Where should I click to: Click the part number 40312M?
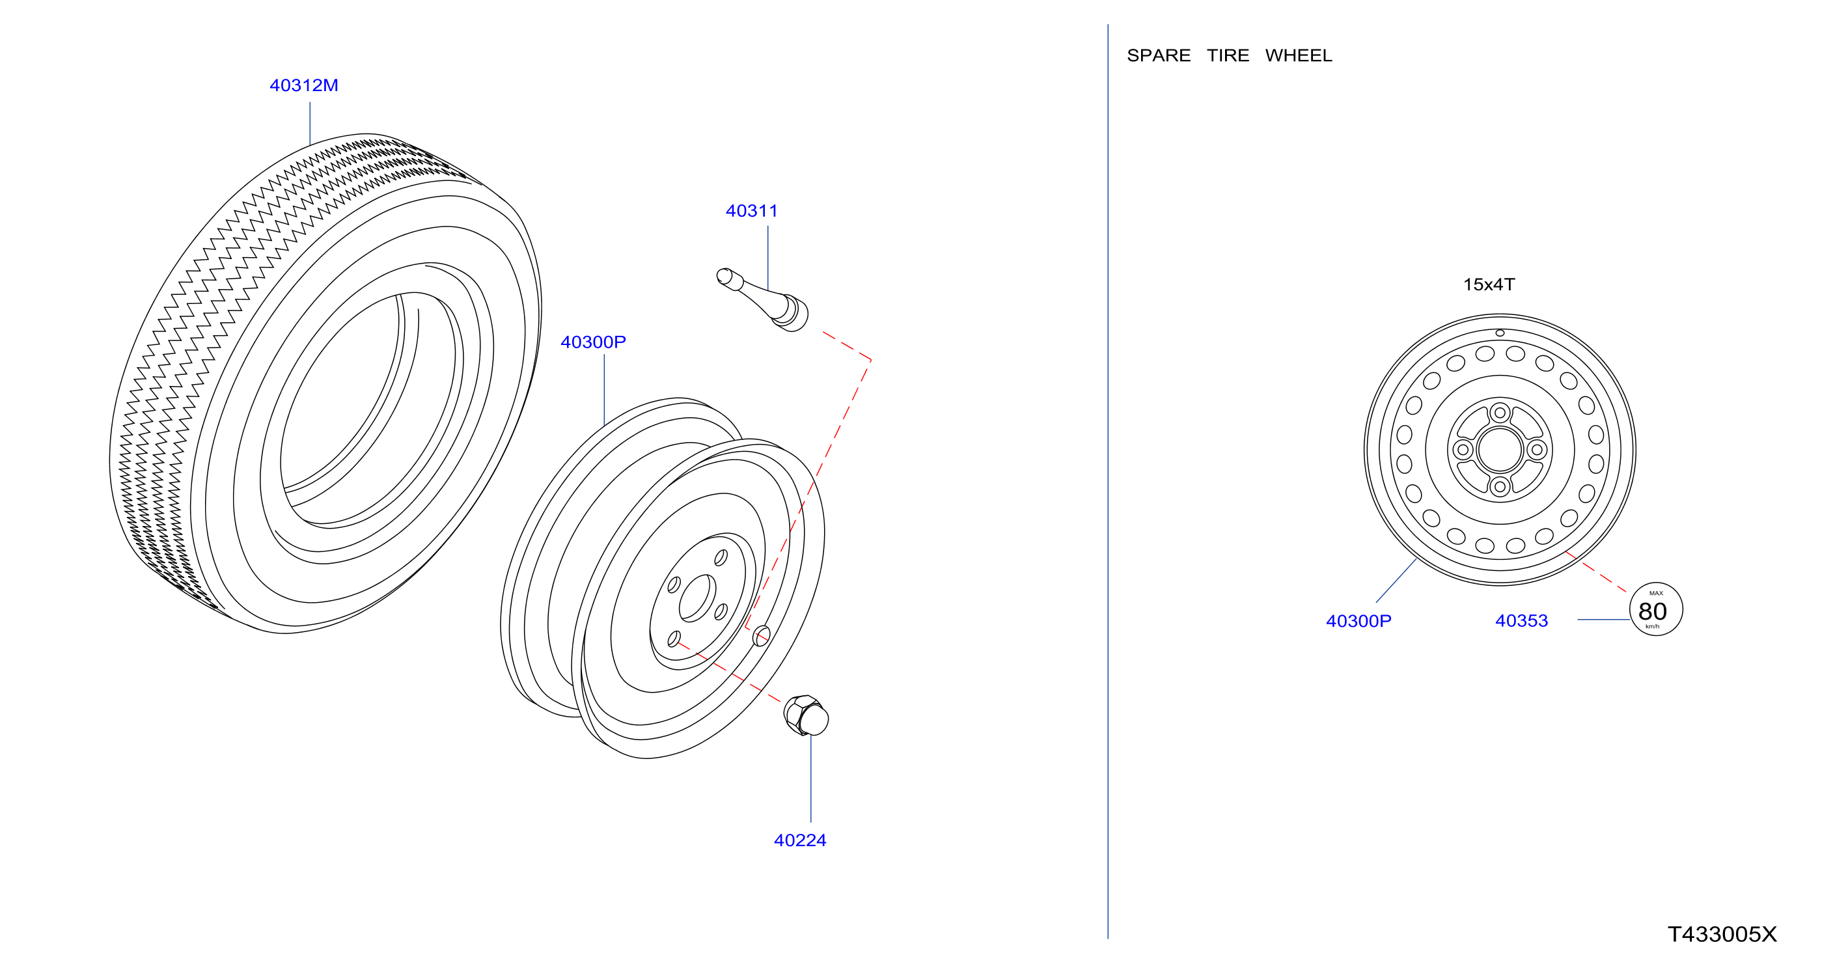[303, 85]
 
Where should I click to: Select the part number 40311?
[751, 211]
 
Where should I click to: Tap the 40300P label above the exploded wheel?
[592, 342]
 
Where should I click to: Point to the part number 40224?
[800, 840]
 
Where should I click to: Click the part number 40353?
[1521, 620]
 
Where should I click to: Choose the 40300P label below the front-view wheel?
[1358, 620]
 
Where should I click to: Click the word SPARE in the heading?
[1158, 55]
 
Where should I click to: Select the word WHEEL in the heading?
[1298, 55]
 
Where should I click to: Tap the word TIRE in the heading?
[1228, 55]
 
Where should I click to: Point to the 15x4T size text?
[1489, 284]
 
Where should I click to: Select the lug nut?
[806, 715]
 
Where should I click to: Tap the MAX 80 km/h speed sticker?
[1656, 609]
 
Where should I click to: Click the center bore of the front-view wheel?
[1499, 450]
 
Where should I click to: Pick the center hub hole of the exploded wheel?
[696, 598]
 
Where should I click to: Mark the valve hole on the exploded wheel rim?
[761, 635]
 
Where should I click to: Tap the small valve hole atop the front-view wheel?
[1499, 333]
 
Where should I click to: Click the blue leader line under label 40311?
[767, 258]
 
